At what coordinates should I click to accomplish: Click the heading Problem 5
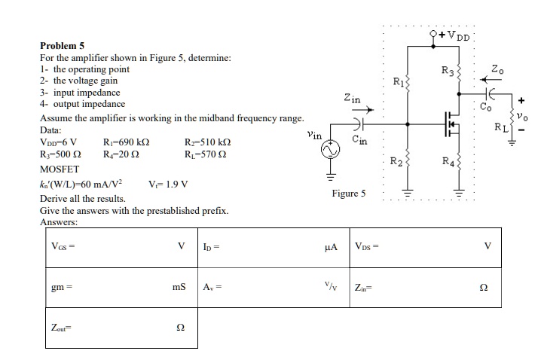(x=62, y=45)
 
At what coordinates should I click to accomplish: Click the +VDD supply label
(x=455, y=35)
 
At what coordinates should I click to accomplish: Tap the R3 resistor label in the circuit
(x=448, y=72)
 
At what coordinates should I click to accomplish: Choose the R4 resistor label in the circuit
(x=448, y=160)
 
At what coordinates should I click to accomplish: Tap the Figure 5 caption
(x=348, y=194)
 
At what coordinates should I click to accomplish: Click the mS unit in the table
(x=179, y=287)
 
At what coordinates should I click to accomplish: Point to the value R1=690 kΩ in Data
(x=124, y=142)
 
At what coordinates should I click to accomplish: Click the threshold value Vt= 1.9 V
(x=169, y=183)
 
